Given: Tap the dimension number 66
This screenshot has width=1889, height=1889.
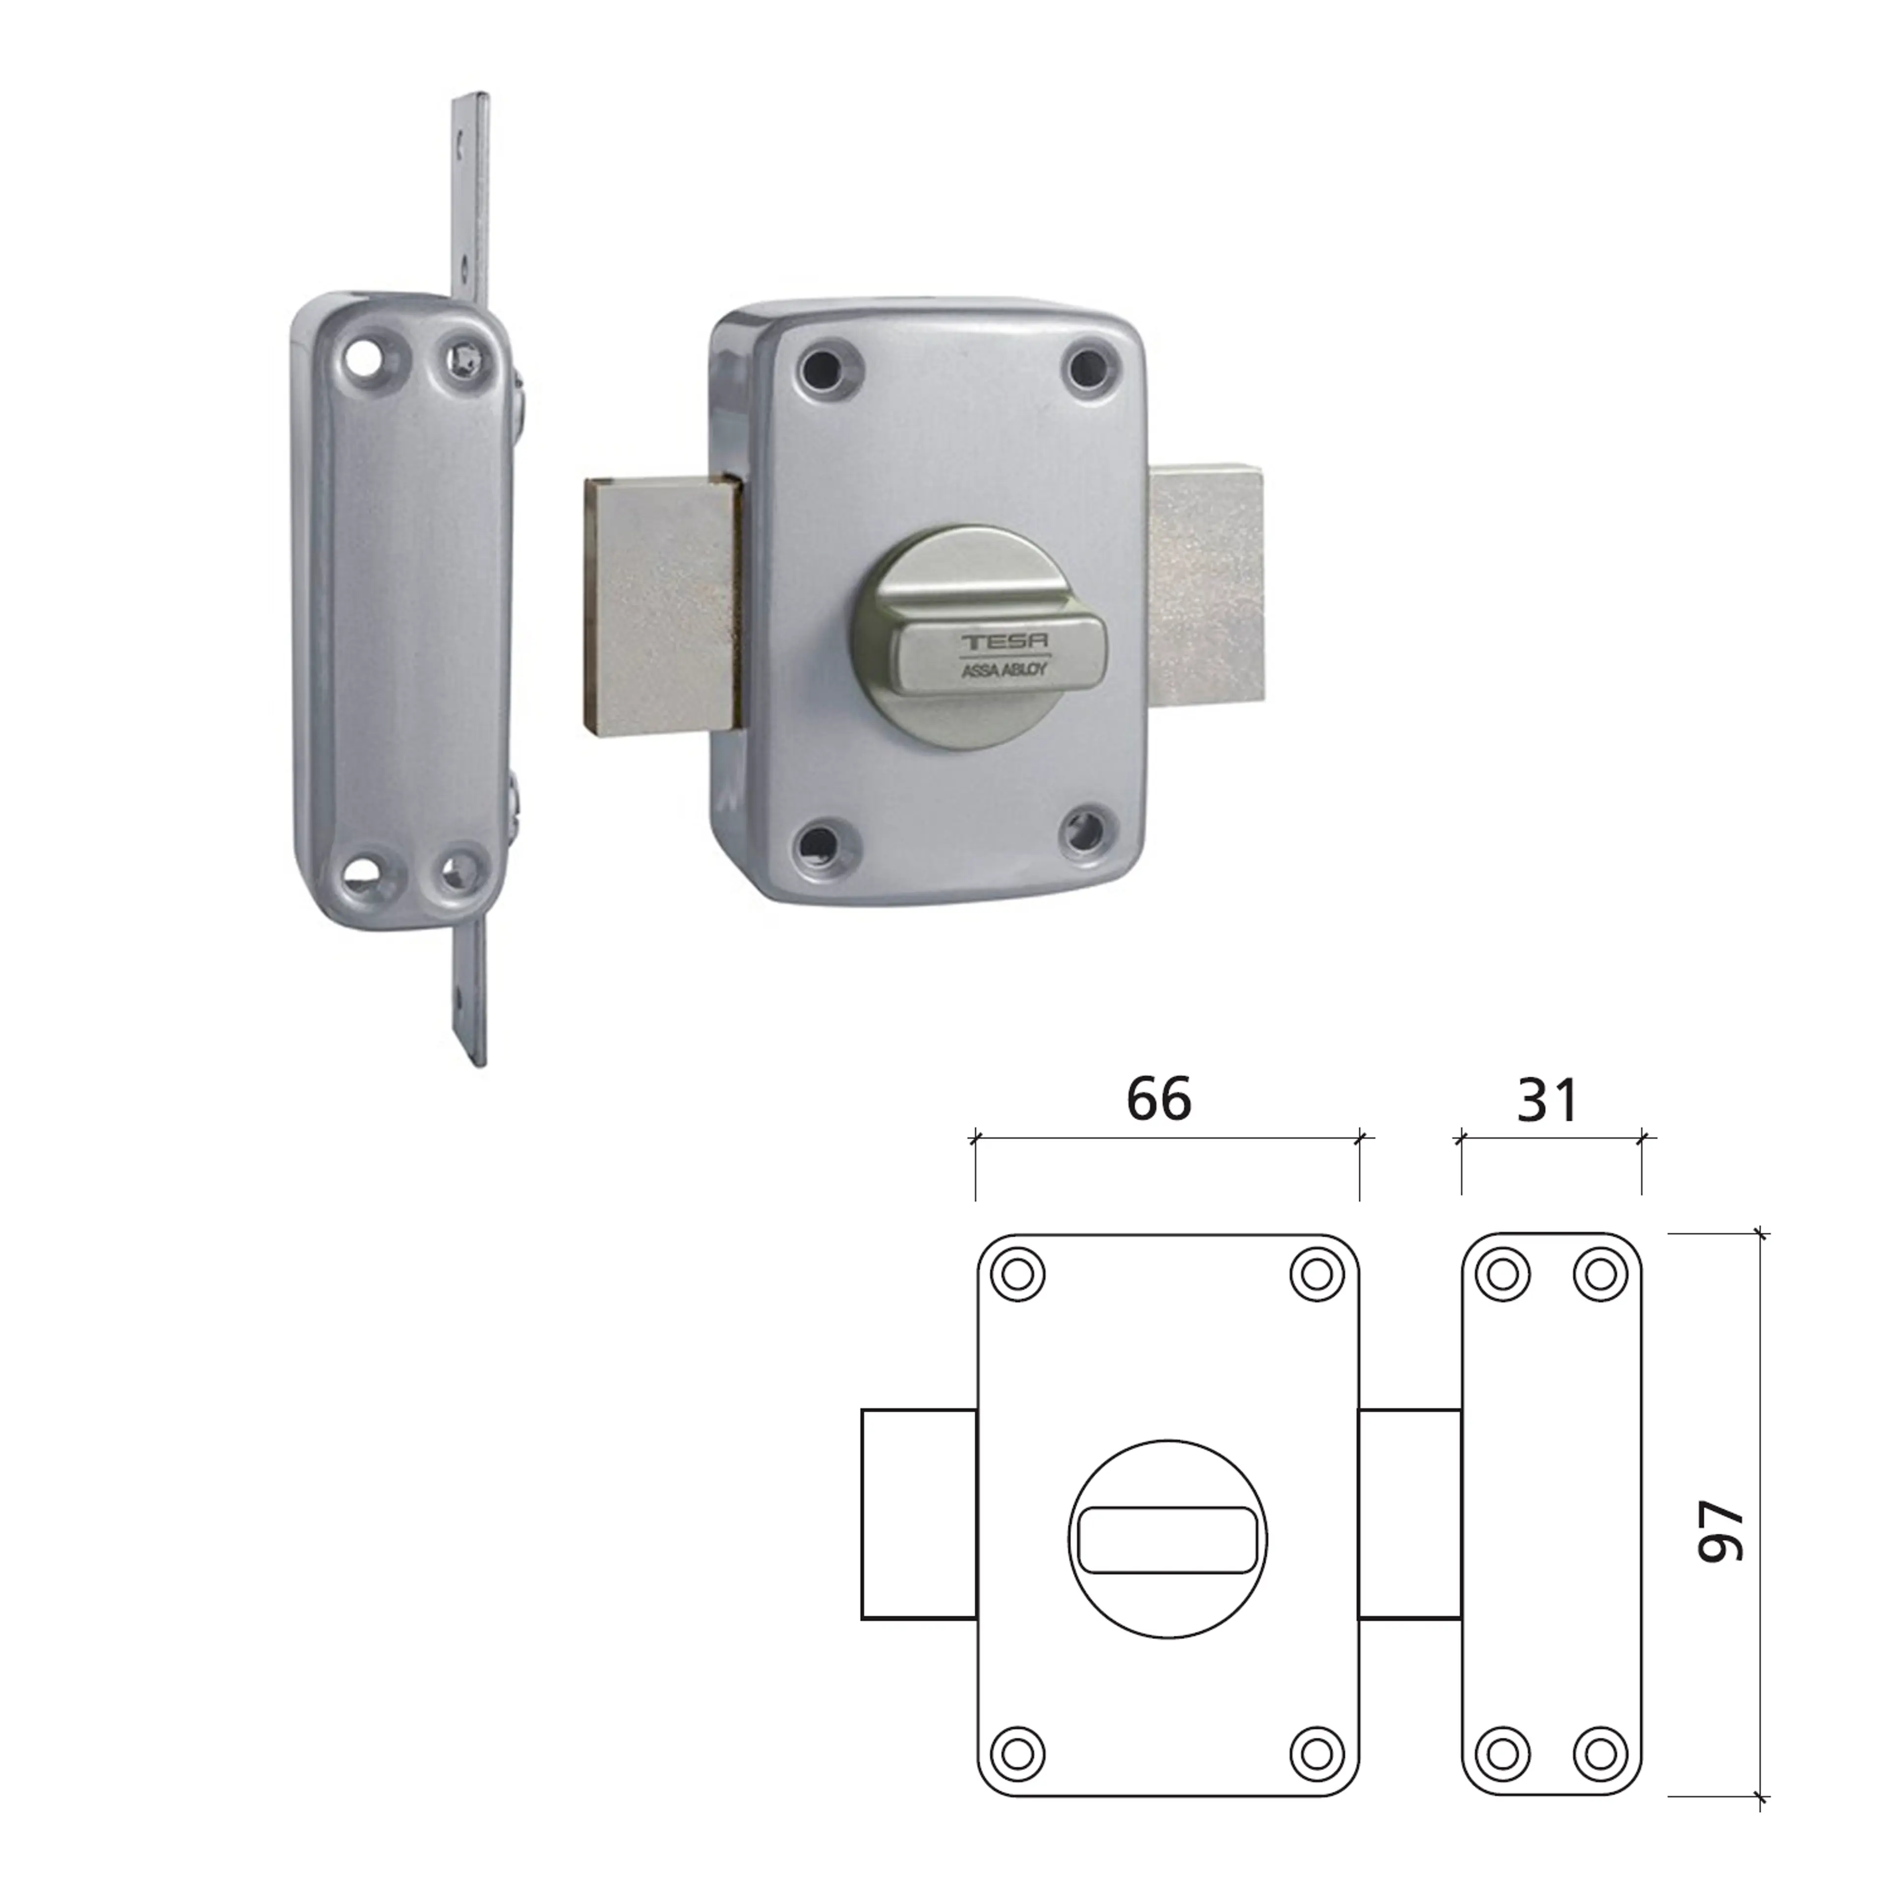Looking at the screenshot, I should [x=1158, y=1099].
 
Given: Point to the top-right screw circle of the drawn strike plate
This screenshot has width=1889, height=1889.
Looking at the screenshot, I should [x=1600, y=1274].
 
